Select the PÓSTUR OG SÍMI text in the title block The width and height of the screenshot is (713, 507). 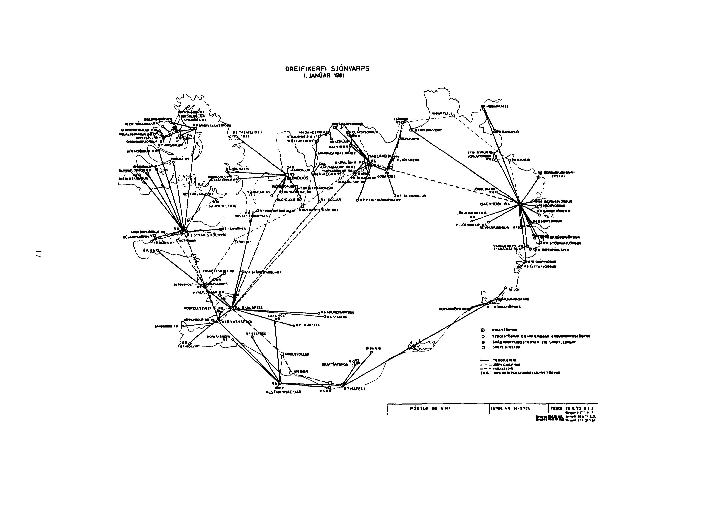tap(424, 408)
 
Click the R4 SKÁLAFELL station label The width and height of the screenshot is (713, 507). tap(249, 308)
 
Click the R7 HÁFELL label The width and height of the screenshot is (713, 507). tap(355, 389)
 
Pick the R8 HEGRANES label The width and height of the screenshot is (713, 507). tap(330, 174)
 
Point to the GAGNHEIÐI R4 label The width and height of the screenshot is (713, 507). tap(494, 204)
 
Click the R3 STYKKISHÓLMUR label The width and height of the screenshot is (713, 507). tap(206, 235)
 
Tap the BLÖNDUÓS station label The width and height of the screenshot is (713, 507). tap(298, 178)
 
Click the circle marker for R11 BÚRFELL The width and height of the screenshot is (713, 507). tap(294, 326)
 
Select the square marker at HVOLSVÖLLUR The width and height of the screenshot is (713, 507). tap(282, 354)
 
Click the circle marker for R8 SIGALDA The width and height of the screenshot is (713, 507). tap(325, 316)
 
